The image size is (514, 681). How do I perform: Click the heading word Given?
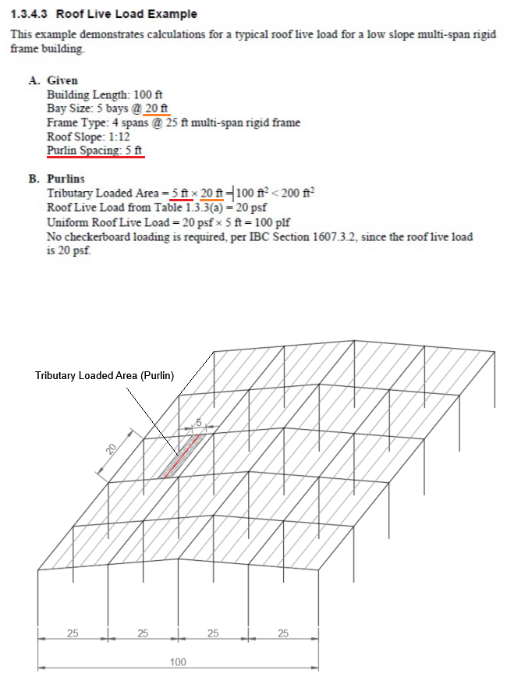(62, 80)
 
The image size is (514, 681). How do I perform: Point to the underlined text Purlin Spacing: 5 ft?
(95, 150)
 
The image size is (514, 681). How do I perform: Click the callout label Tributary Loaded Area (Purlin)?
(104, 375)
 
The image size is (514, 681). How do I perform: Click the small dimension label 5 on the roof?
(198, 422)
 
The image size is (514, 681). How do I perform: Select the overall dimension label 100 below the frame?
(178, 661)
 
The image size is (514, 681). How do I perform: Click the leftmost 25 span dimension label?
(73, 633)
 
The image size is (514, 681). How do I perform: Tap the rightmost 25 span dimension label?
(282, 633)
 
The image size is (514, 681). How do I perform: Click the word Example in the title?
(175, 14)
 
